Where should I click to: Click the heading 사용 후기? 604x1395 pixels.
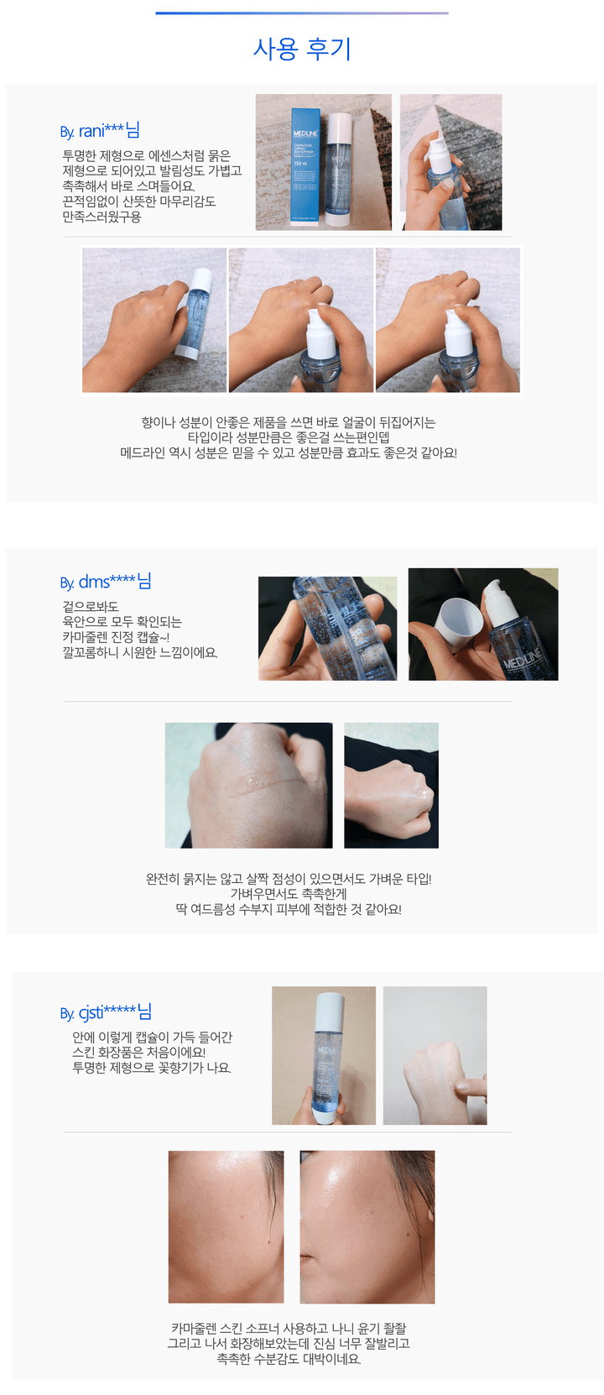(x=302, y=49)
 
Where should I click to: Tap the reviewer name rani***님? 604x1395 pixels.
(x=100, y=130)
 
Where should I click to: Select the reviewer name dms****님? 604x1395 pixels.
(x=105, y=581)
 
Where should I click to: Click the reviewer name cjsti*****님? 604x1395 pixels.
(x=105, y=1012)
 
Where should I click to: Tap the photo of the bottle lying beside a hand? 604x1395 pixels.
(x=154, y=320)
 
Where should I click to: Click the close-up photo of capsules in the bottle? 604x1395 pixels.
(x=327, y=628)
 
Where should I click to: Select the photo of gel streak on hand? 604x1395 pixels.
(x=248, y=786)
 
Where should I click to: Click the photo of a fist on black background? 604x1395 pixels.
(x=391, y=786)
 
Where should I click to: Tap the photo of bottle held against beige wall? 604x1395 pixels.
(x=324, y=1056)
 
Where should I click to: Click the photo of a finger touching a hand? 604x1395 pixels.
(x=435, y=1056)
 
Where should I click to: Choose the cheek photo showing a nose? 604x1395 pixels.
(x=367, y=1227)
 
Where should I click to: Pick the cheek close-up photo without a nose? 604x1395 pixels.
(x=226, y=1227)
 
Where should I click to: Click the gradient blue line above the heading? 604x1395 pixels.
(x=302, y=13)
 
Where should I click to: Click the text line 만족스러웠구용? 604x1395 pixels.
(x=102, y=217)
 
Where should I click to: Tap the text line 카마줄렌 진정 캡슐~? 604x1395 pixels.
(x=116, y=637)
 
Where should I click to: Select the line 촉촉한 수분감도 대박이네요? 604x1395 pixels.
(x=289, y=1358)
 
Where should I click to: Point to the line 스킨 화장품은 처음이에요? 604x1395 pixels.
(x=139, y=1053)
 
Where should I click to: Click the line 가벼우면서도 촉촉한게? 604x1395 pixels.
(x=289, y=894)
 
